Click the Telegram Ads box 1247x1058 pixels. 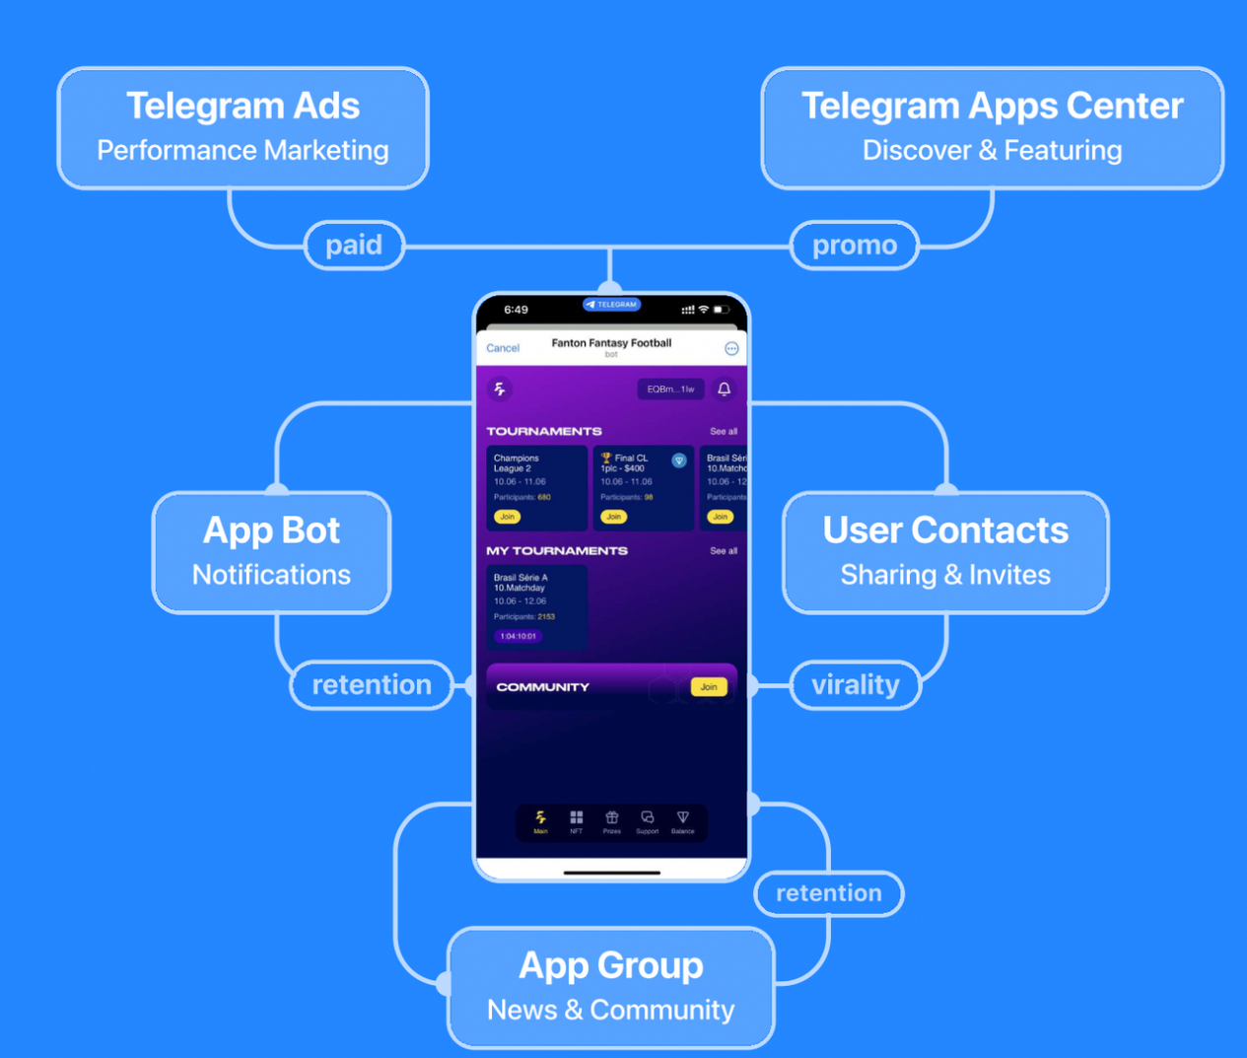(x=242, y=128)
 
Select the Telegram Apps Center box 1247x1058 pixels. (x=992, y=128)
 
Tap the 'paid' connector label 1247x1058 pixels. (x=354, y=245)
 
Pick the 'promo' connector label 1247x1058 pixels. (x=854, y=246)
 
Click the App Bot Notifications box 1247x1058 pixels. (x=271, y=552)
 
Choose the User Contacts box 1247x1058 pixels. (x=944, y=552)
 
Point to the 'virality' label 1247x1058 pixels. (x=855, y=684)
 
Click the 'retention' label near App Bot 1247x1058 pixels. (x=371, y=684)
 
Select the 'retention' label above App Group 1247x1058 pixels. (x=828, y=893)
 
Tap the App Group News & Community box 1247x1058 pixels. (x=610, y=986)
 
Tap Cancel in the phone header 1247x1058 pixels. (x=503, y=348)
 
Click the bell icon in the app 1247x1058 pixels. (x=724, y=389)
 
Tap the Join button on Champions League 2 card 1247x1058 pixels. (x=507, y=517)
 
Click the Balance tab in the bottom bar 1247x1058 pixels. (x=682, y=821)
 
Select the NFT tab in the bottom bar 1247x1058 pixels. (x=576, y=821)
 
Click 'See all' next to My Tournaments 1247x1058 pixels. (x=723, y=551)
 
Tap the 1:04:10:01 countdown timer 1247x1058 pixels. (x=519, y=636)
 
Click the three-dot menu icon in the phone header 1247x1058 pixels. (x=731, y=348)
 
